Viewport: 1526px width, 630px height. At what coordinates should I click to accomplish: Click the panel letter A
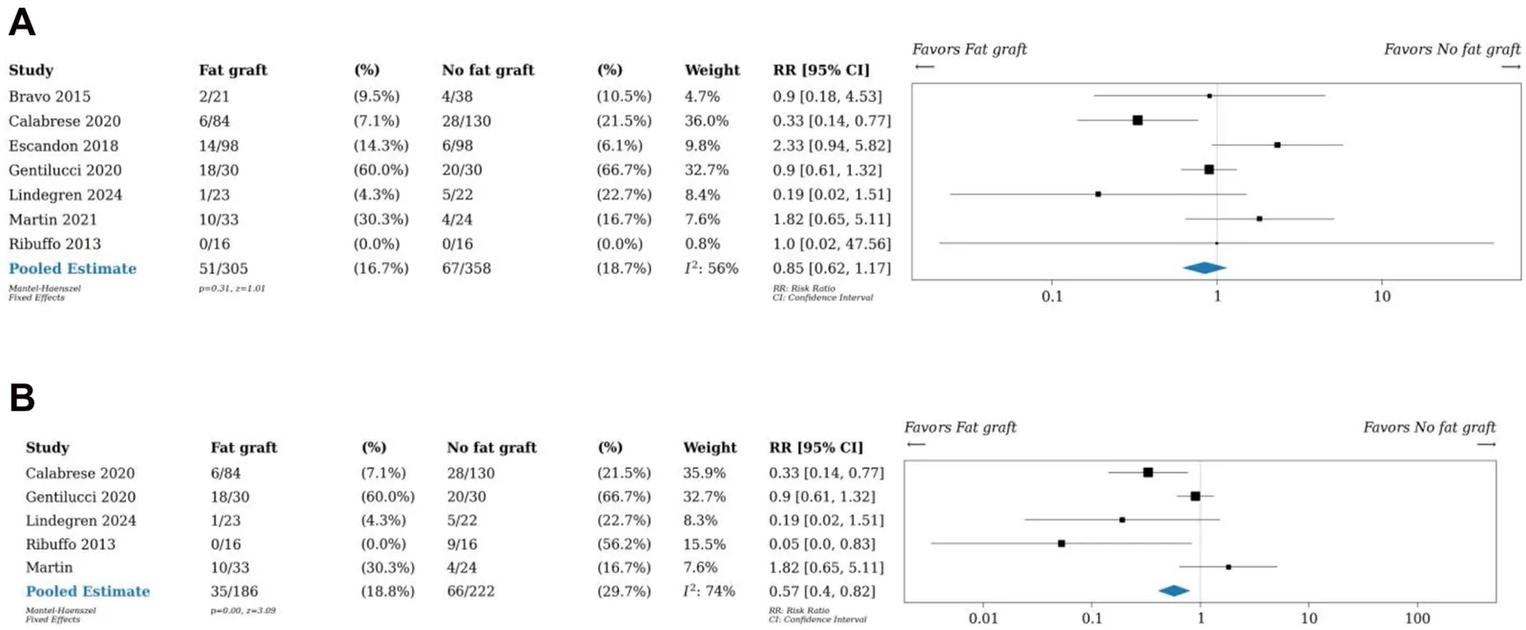(22, 22)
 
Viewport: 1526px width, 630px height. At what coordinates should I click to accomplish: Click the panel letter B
(22, 397)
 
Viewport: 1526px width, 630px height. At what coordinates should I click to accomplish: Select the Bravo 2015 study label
(49, 96)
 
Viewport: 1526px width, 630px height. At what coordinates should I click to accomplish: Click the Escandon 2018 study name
(63, 146)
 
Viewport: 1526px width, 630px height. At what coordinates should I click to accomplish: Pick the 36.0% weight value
(707, 121)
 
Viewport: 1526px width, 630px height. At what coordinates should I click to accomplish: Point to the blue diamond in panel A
(1205, 268)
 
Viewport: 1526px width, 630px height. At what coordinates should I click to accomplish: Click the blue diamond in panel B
(1174, 591)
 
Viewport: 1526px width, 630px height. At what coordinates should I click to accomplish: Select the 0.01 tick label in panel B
(983, 619)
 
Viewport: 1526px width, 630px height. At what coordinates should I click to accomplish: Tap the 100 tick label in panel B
(1417, 619)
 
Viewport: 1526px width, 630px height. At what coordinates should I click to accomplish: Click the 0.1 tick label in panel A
(1052, 297)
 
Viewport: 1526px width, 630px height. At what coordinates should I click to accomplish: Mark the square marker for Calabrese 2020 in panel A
(1137, 120)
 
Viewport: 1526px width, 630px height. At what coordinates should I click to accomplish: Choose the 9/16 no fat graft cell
(463, 544)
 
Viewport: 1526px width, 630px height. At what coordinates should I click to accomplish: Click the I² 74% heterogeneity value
(710, 591)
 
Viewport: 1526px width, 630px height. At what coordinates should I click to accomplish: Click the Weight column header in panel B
(710, 447)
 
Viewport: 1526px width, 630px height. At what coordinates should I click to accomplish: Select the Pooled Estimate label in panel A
(72, 269)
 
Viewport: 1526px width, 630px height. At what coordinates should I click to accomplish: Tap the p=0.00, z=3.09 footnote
(243, 610)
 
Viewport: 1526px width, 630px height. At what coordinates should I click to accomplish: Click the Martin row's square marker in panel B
(1228, 567)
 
